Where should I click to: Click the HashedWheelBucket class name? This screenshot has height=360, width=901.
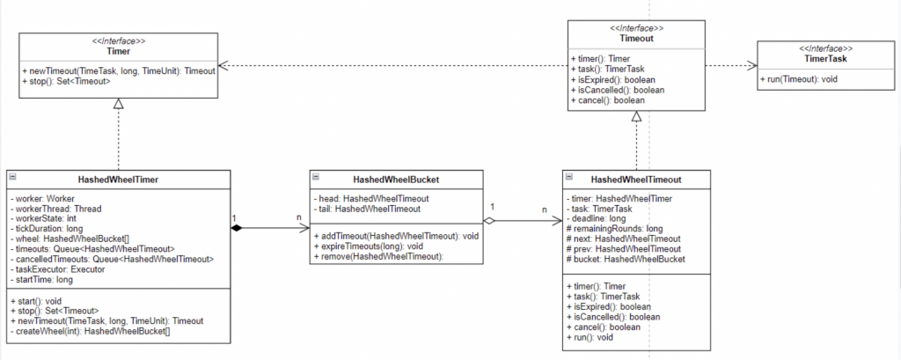coord(397,180)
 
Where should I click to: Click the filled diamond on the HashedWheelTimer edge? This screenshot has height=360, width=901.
coord(237,229)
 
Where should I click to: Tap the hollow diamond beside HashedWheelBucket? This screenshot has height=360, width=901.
coord(491,221)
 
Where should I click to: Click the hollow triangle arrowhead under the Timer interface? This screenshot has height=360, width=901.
coord(118,103)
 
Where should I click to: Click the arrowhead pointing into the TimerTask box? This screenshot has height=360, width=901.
coord(751,65)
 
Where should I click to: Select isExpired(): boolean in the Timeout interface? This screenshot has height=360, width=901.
coord(617,79)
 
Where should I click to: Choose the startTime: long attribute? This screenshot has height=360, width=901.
coord(41,280)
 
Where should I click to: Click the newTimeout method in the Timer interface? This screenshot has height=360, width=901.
coord(118,70)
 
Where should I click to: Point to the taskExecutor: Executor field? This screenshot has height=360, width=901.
coord(58,270)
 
